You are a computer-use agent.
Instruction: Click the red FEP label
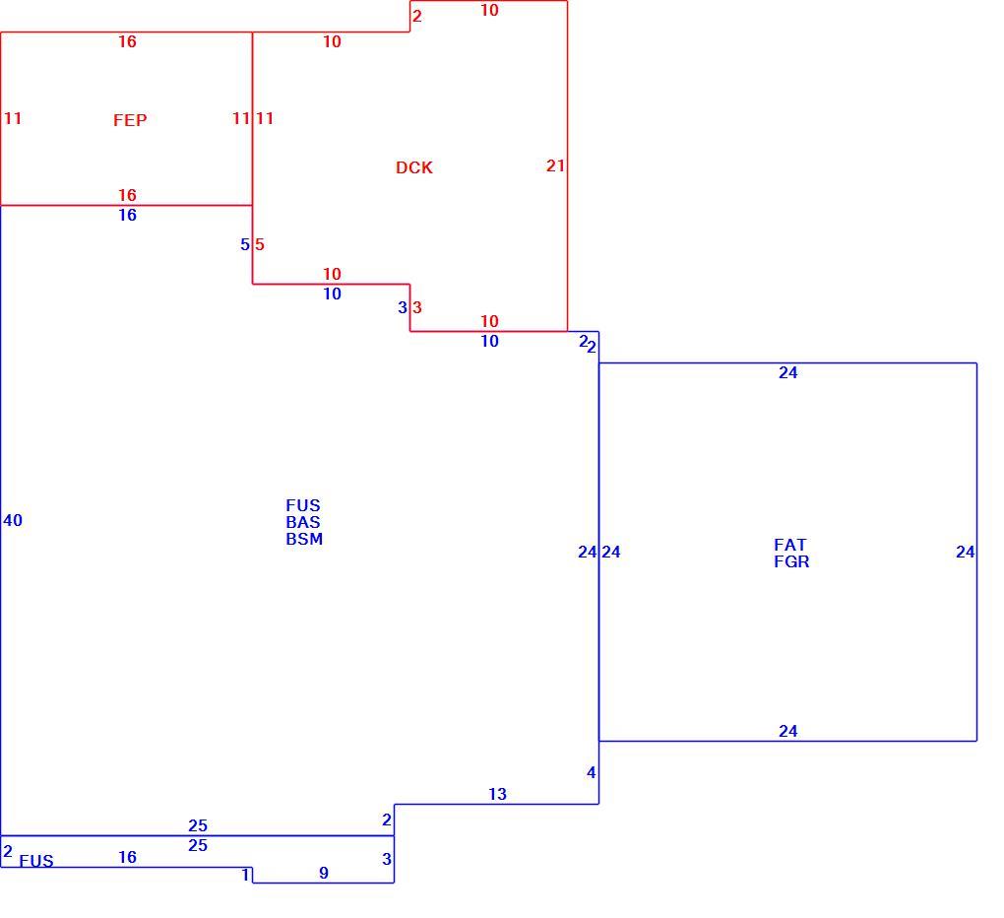(130, 120)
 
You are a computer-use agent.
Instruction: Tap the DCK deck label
(414, 167)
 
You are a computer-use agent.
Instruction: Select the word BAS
(303, 522)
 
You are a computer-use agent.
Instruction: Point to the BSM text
(304, 539)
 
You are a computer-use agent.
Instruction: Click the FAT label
(790, 545)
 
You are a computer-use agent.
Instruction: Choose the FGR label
(791, 561)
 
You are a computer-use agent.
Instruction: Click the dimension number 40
(13, 520)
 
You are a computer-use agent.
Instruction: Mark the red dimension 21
(555, 165)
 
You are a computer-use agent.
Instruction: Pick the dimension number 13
(497, 794)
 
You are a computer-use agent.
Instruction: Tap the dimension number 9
(324, 873)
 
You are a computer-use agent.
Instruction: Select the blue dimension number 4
(591, 772)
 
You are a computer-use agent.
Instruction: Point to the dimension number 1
(245, 875)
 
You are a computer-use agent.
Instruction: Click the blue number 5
(244, 244)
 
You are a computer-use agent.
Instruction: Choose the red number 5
(259, 244)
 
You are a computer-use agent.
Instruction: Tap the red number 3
(416, 307)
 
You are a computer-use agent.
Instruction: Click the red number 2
(416, 16)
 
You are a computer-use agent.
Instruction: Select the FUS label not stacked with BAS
(36, 860)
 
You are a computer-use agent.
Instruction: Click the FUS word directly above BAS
(303, 505)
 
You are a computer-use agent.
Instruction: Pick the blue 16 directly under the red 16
(127, 215)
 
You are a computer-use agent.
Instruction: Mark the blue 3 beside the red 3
(403, 307)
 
